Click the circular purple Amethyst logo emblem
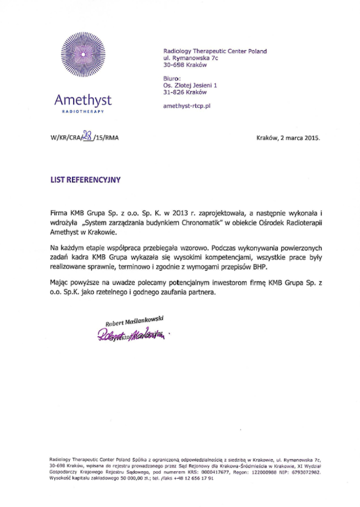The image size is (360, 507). pos(83,55)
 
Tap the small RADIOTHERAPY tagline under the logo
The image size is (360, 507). pos(83,112)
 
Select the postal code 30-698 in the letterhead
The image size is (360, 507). pos(172,65)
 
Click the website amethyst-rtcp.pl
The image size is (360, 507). pos(187,106)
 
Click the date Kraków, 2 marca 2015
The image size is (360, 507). pos(287,138)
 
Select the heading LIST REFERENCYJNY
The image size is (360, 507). pos(85,180)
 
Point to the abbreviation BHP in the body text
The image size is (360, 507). pos(269,267)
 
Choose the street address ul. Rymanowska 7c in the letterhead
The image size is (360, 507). pos(190,58)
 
